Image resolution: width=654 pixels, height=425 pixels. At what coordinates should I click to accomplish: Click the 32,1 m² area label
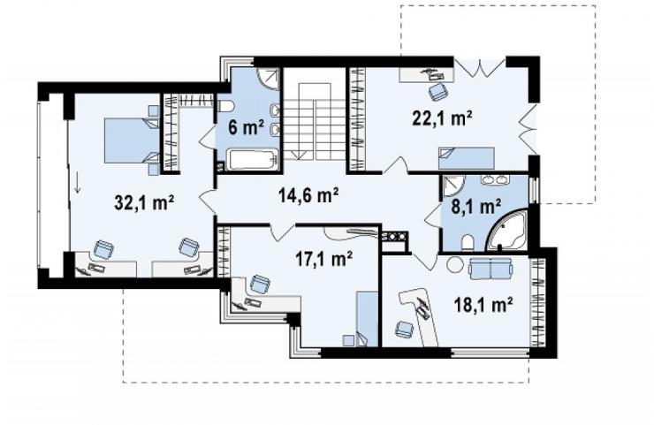click(144, 204)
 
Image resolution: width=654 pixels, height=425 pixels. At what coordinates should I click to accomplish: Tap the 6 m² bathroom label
click(246, 126)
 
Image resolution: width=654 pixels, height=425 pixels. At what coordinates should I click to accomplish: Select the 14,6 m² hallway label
click(308, 195)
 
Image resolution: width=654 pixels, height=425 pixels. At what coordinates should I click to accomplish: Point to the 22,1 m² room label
click(442, 118)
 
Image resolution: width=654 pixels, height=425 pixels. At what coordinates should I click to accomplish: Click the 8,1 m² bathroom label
click(476, 206)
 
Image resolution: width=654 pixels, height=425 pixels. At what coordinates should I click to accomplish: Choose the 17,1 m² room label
click(323, 259)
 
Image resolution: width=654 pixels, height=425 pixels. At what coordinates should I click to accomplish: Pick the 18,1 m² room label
click(483, 305)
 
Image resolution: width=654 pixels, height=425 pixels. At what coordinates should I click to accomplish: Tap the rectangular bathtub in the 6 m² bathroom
click(253, 160)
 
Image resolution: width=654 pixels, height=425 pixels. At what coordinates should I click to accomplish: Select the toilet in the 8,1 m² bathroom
click(468, 242)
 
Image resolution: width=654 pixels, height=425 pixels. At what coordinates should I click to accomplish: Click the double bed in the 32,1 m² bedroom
click(132, 140)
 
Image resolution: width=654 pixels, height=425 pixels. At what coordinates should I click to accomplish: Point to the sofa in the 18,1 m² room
click(490, 269)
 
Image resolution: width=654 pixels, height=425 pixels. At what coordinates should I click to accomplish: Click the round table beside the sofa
click(455, 264)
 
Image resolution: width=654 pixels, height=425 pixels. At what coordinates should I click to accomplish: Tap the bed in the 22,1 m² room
click(466, 158)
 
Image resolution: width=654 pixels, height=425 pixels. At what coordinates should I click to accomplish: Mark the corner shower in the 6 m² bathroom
click(268, 78)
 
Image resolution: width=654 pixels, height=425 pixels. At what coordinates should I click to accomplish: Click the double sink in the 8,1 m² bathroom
click(495, 179)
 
